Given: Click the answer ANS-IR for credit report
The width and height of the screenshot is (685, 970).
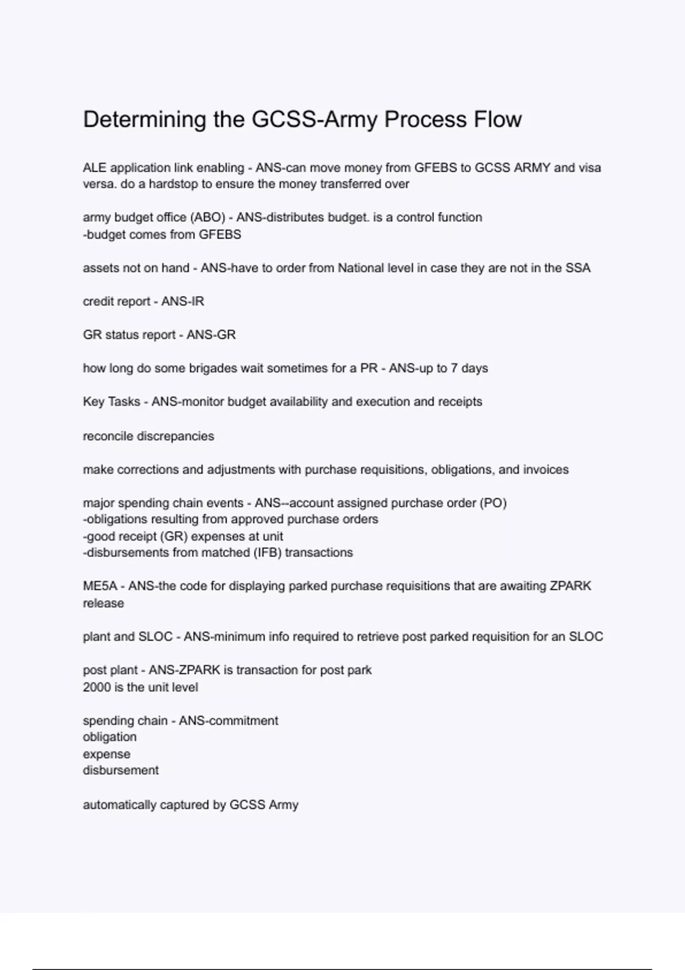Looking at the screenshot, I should [x=183, y=301].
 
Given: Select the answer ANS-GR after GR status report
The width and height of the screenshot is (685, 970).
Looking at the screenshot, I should [x=211, y=335].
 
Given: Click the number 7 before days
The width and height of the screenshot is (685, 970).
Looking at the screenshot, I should [x=454, y=369].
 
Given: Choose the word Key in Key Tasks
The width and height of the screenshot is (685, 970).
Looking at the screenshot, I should [x=94, y=402].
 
